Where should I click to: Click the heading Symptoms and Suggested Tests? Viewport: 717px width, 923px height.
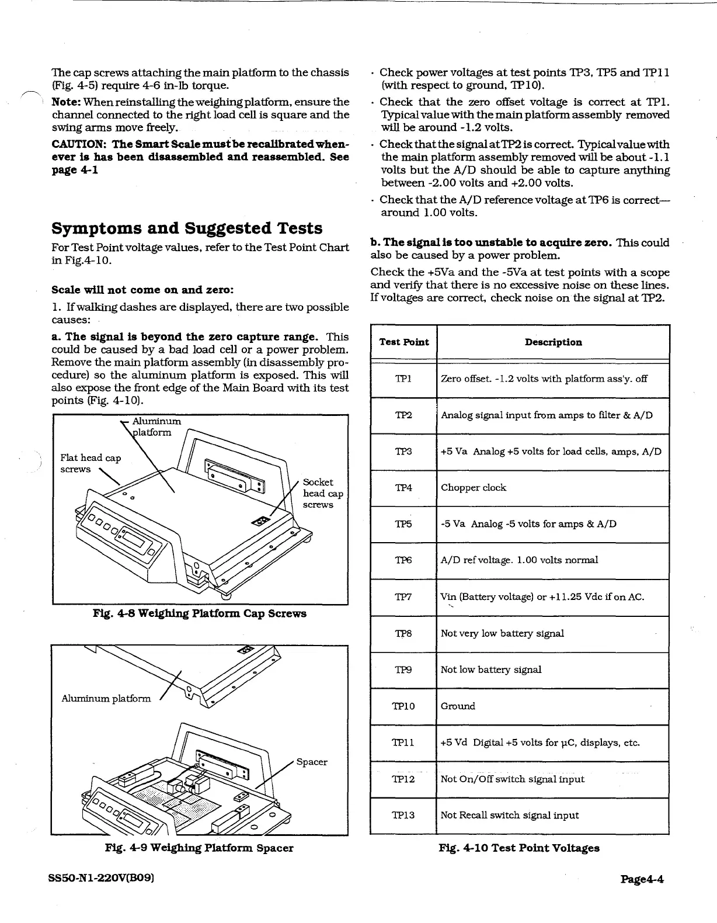(187, 228)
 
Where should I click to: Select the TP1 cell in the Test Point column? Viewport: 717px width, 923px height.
(403, 379)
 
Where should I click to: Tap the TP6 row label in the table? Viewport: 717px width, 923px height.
(403, 560)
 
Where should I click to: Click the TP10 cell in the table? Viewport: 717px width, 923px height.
(403, 706)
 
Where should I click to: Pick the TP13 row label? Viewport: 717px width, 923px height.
(403, 815)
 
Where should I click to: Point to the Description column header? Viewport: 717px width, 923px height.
(553, 342)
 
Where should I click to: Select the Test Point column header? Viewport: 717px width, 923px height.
(404, 342)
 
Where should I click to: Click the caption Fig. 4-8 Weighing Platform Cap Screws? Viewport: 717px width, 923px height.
(200, 613)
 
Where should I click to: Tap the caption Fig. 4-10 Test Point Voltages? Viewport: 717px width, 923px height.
(519, 848)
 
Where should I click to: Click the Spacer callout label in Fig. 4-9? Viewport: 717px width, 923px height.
(312, 762)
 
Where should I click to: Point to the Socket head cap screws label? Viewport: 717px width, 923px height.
(322, 493)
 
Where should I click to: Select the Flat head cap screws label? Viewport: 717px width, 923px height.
(91, 463)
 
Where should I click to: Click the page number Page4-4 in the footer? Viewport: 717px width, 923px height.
(642, 879)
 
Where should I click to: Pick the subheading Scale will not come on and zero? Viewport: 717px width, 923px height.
(143, 290)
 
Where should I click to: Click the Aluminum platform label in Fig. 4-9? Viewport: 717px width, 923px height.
(106, 699)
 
